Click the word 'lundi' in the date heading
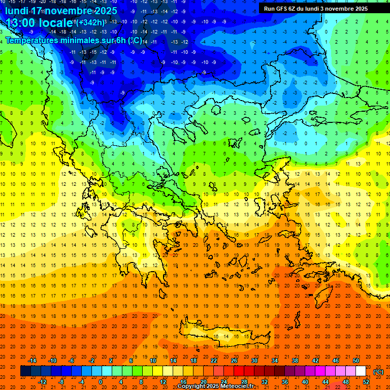[16, 11]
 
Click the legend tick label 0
[101, 381]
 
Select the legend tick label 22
[214, 360]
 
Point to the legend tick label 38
[294, 360]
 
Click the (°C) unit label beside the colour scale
[378, 371]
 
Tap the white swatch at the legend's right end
[361, 371]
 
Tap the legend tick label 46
[335, 360]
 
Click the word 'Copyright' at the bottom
[191, 386]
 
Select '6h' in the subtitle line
[121, 40]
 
